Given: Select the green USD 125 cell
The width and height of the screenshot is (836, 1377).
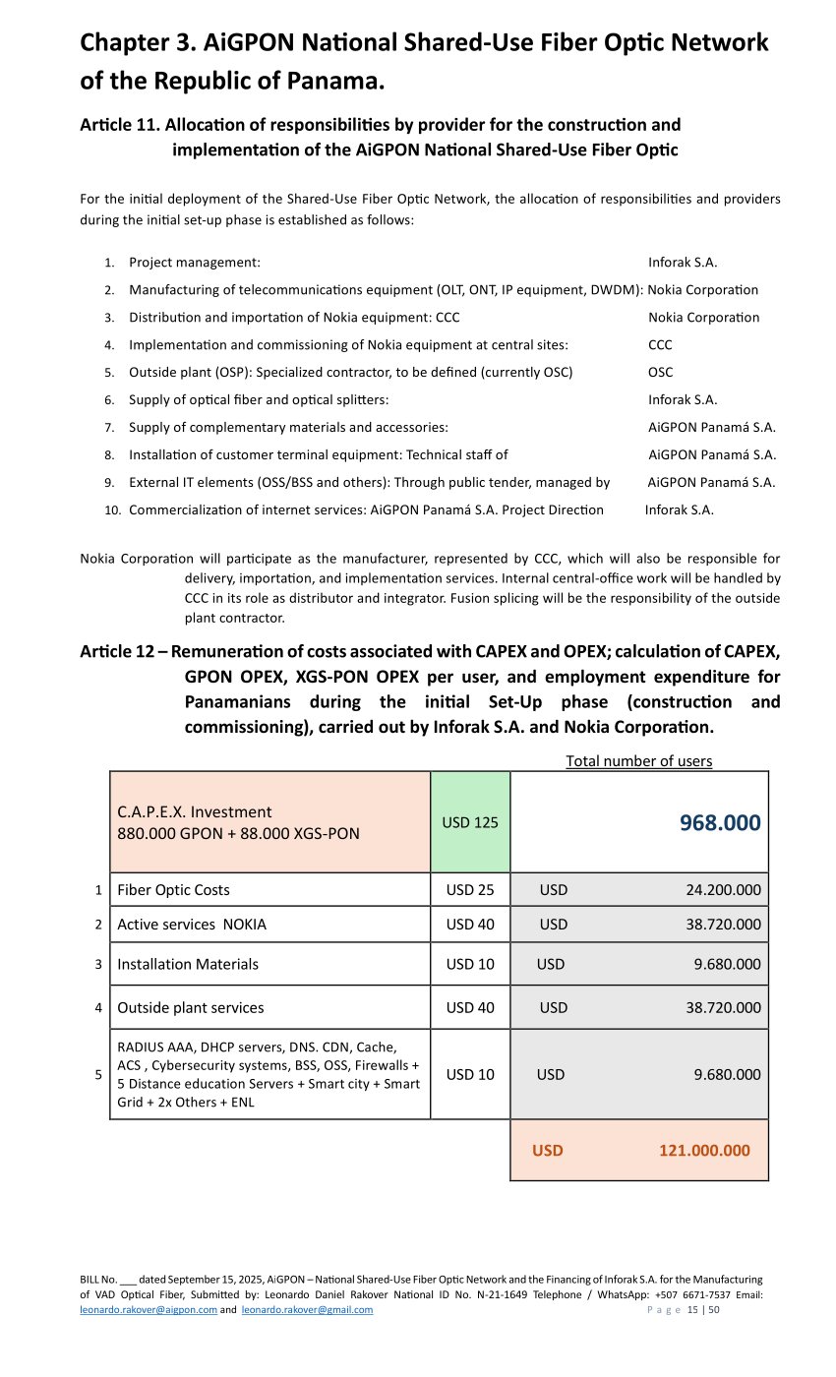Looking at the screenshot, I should point(470,822).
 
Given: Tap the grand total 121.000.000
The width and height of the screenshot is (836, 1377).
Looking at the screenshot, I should point(704,1150).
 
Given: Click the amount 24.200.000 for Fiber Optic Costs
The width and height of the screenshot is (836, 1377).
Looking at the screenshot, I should point(723,890).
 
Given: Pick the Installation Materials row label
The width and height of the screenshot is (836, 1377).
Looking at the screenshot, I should point(188,964).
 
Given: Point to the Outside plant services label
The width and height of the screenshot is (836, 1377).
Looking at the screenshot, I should point(190,1007).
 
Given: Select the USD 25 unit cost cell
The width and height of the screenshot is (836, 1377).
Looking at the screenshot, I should point(470,890).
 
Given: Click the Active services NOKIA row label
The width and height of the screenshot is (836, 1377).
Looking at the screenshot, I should point(191,925).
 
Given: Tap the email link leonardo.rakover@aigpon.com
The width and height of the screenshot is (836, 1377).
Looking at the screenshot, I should point(148,1309).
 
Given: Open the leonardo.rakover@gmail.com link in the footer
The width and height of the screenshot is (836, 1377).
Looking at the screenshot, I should point(307,1309).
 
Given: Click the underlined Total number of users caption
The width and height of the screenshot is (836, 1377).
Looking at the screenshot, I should point(639,760).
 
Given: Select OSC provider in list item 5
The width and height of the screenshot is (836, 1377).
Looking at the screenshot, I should point(660,373).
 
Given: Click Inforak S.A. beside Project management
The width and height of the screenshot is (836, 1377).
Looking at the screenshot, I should point(683,263).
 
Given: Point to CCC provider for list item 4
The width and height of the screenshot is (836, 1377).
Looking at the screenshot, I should point(660,345).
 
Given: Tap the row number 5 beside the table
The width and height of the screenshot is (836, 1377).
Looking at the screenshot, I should point(98,1075).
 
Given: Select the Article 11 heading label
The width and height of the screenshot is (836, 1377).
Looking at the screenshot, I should point(119,125).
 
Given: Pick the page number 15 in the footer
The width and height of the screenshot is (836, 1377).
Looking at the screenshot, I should point(692,1310).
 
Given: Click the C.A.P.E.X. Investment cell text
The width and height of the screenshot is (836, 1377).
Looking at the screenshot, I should point(195,812).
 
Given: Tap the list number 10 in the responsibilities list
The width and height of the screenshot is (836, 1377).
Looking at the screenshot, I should point(112,510).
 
